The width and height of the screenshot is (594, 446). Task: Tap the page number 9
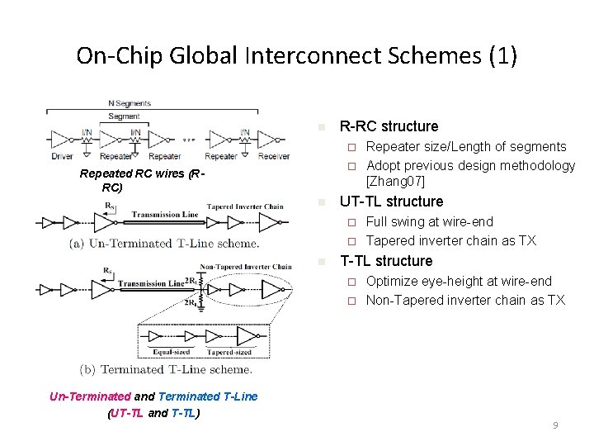click(x=555, y=425)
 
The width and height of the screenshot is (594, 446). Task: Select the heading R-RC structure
click(x=389, y=126)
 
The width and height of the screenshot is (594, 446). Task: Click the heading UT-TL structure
click(x=391, y=202)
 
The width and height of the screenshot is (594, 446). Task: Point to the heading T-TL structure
click(x=386, y=261)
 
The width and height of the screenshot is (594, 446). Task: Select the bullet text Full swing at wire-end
click(x=429, y=221)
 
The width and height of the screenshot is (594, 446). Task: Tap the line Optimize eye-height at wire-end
click(x=459, y=281)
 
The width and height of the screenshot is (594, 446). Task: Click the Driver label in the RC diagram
click(x=63, y=156)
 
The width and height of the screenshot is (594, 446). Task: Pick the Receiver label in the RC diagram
click(x=274, y=156)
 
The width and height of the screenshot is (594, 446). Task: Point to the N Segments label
click(x=130, y=103)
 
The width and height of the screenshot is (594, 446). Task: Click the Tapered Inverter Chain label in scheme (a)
click(x=245, y=206)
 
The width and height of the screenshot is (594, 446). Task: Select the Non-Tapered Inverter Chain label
click(x=246, y=267)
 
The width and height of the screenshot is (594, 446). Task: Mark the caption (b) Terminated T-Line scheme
click(x=165, y=369)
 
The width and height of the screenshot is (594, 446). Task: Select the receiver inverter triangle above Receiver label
click(x=271, y=140)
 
